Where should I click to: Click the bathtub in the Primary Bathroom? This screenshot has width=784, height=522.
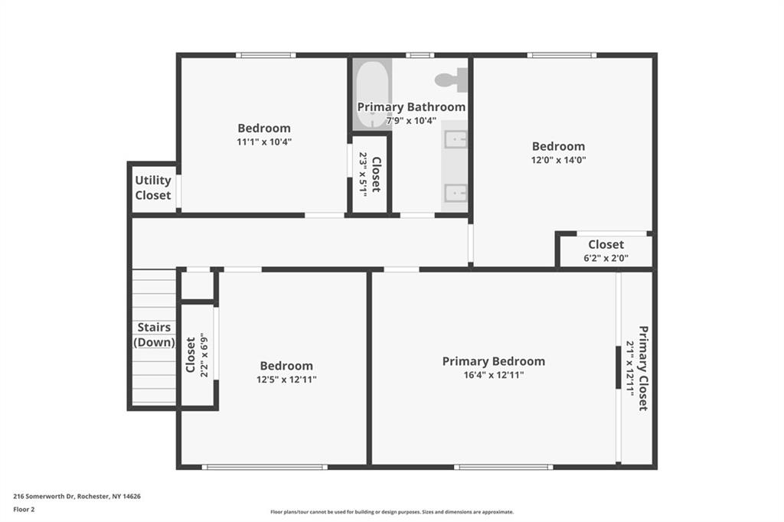coord(373,94)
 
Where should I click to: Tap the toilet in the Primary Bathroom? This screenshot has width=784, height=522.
coord(452,80)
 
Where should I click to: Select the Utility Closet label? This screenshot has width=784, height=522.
coord(153,188)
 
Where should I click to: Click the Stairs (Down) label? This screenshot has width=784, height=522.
coord(154,334)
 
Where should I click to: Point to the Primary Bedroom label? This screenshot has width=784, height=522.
coord(494,361)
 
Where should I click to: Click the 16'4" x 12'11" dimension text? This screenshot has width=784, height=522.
coord(494,375)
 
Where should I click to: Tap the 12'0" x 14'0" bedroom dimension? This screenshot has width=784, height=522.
coord(558,160)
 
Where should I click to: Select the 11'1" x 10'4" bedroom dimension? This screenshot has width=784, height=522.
coord(264,142)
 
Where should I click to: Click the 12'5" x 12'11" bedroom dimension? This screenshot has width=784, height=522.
coord(286,380)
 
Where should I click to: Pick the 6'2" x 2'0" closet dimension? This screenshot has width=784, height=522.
coord(606,258)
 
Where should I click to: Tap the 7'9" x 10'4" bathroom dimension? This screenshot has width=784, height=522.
coord(411,120)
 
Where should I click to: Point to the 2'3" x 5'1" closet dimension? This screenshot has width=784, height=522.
coord(364,175)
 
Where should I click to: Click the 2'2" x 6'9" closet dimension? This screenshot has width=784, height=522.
coord(204,355)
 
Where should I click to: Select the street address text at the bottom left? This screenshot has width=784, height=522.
coord(77,497)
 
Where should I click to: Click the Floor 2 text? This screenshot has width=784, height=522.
coord(24,510)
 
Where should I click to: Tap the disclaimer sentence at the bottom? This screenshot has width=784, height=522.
coord(392,512)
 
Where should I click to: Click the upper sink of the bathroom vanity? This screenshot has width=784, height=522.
coord(456,139)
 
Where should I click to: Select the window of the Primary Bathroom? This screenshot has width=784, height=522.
coord(420,55)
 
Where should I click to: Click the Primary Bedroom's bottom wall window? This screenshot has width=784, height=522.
coord(504,467)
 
